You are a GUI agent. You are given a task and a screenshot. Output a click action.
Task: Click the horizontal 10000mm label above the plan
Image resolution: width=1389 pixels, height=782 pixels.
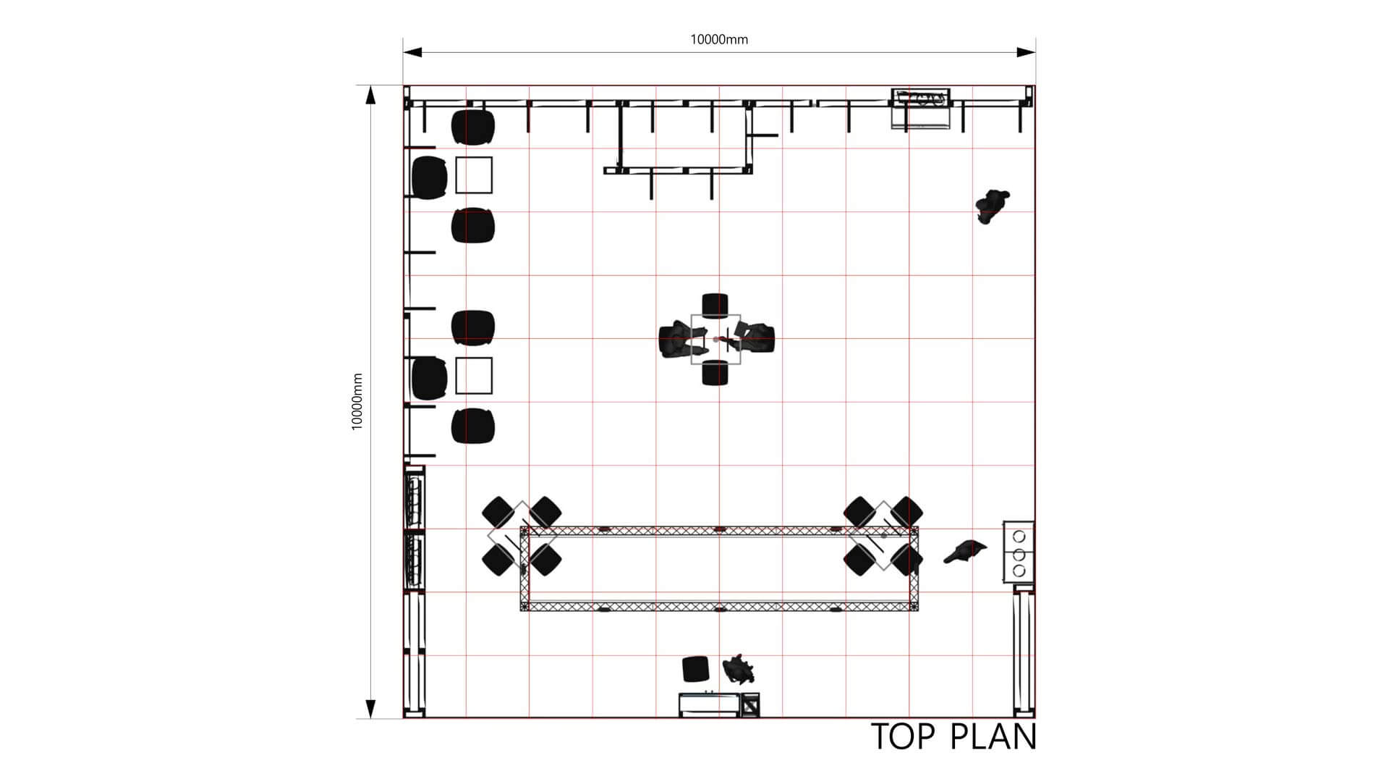tap(719, 39)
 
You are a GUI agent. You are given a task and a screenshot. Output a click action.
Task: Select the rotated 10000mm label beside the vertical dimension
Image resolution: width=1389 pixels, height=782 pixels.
tap(357, 402)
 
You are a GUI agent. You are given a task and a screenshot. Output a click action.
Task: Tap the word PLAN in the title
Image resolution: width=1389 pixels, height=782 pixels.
tap(993, 736)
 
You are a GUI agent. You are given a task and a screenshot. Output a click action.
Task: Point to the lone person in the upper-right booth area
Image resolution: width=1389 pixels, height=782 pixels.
tap(991, 206)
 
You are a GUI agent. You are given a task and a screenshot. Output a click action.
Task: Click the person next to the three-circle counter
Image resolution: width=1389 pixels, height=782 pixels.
tap(965, 551)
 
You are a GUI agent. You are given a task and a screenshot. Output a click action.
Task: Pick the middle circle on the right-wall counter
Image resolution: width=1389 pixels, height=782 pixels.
tap(1019, 554)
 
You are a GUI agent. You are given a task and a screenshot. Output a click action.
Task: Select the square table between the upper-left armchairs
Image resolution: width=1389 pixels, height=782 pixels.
tap(474, 175)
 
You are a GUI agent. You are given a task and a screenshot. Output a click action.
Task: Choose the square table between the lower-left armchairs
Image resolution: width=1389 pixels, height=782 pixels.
tap(474, 376)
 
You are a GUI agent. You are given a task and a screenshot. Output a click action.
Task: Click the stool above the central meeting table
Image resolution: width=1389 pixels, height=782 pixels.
tap(715, 306)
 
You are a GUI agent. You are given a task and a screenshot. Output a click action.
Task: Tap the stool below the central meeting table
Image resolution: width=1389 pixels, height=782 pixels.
tap(715, 372)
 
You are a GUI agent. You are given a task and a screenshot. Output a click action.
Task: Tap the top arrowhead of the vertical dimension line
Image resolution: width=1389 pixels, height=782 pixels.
tap(370, 96)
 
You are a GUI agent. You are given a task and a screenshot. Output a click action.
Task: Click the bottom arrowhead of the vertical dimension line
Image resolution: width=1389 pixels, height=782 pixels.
tap(370, 709)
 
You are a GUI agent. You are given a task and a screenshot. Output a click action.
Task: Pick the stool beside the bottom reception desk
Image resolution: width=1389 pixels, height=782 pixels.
tap(696, 669)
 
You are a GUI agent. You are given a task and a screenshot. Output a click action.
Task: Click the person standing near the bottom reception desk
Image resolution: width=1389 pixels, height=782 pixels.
tap(739, 670)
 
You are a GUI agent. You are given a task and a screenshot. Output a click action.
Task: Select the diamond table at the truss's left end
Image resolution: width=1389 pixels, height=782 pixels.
tap(522, 536)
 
